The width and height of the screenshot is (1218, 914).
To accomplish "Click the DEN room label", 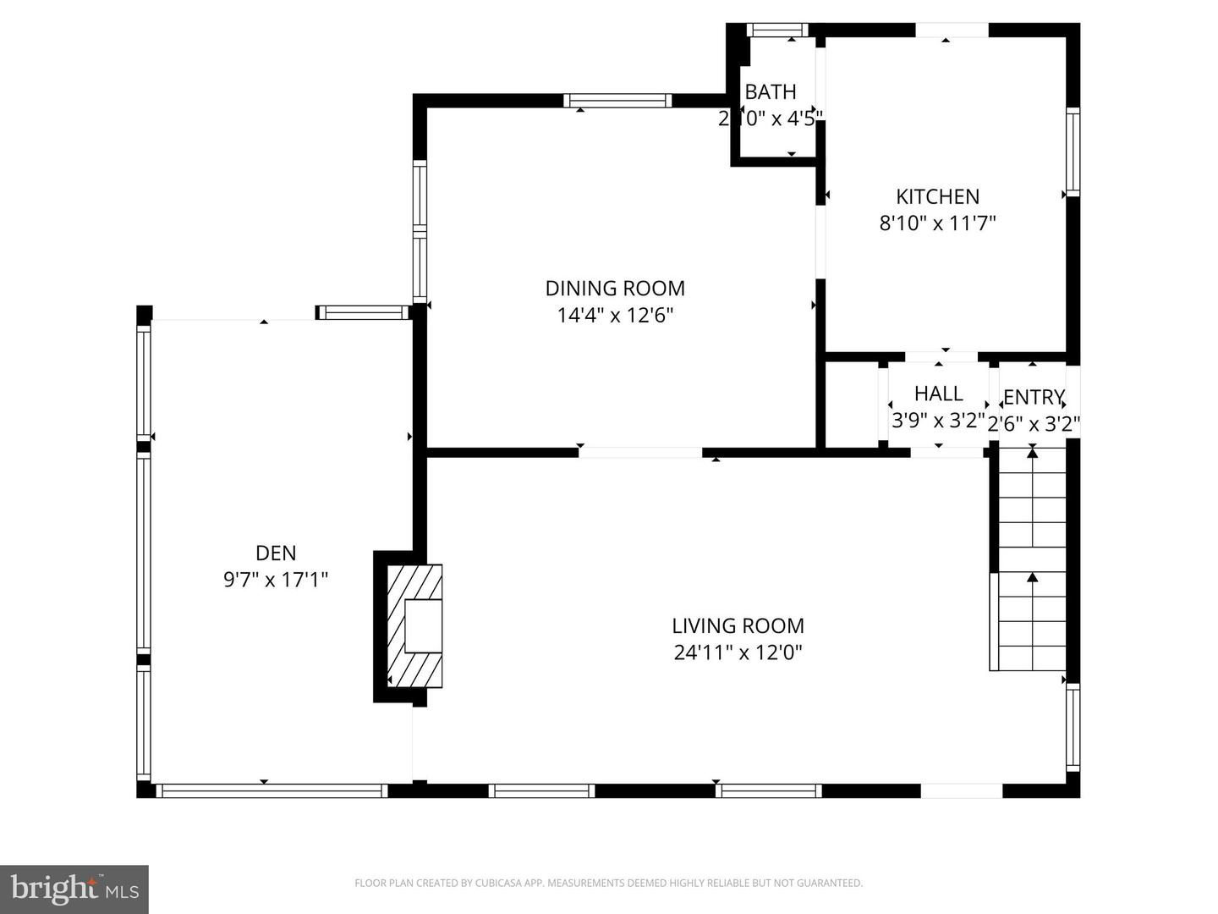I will (x=276, y=553).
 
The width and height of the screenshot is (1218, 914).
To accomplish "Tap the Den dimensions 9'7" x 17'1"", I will (x=276, y=580).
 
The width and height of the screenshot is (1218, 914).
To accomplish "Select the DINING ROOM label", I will (x=615, y=289).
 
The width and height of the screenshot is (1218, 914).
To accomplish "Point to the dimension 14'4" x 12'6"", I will (x=615, y=316).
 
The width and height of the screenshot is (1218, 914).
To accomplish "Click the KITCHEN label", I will (x=937, y=197).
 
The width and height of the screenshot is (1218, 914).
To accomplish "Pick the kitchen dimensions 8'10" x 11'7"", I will (x=937, y=223).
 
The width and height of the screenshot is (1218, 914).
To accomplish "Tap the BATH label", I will (x=770, y=91).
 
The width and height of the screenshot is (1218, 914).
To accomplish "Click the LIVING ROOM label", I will (x=738, y=626).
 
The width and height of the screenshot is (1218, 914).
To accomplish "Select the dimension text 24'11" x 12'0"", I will (x=738, y=652).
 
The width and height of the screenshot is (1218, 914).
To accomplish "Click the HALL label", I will (x=938, y=394).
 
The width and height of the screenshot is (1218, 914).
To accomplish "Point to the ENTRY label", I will (x=1033, y=397).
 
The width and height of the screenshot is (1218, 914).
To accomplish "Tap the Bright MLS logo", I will (x=74, y=889).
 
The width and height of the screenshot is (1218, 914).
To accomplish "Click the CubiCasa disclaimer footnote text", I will (x=608, y=884).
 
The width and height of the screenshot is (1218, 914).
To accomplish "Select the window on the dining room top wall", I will (x=617, y=101).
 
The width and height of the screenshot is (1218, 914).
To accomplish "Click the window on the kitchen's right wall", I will (x=1073, y=152).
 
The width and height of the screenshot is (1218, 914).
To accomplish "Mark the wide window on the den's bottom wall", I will (x=272, y=791).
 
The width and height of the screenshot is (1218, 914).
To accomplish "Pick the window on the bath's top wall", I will (x=777, y=30).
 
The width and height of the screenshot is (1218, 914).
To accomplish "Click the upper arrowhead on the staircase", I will (x=1032, y=454).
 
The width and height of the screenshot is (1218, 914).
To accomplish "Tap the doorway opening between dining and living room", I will (x=640, y=453).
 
